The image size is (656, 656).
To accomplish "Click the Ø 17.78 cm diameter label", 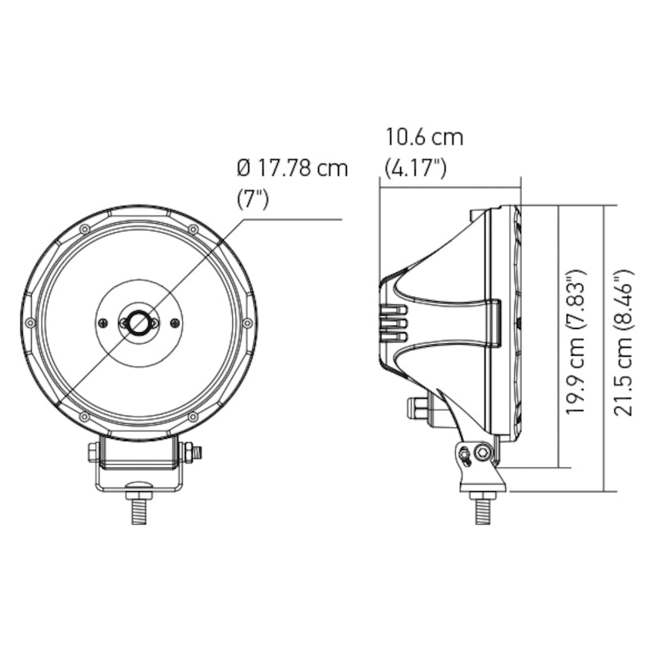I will tap(292, 168).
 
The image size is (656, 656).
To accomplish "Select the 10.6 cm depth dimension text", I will tap(424, 137).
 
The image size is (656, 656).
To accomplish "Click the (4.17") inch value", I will tap(415, 169).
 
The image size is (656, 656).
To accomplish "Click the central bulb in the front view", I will tap(139, 323).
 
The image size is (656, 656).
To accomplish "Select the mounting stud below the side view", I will tap(482, 509).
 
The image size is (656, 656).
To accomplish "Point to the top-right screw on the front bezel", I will tap(192, 229).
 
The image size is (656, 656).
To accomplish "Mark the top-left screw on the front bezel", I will tap(84, 229).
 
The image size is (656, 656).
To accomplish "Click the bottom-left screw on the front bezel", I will tap(84, 417).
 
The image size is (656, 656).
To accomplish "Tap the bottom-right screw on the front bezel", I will tap(192, 417).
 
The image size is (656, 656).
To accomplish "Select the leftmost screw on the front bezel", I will tap(30, 323).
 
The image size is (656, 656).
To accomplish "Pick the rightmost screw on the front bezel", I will tap(246, 323).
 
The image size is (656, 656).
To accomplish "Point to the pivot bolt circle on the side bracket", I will tap(483, 451).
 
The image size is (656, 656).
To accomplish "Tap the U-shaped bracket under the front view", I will tap(139, 476).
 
